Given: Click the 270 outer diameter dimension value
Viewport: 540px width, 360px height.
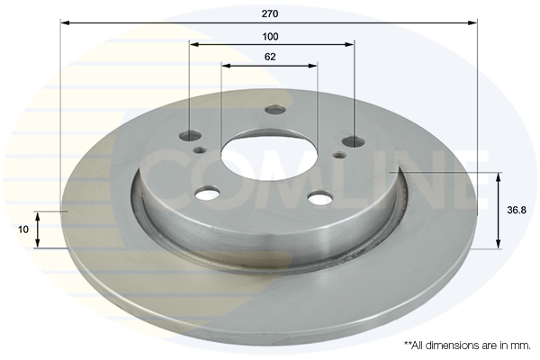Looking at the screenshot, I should click(x=270, y=13).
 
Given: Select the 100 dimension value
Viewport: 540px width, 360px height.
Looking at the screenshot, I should click(x=270, y=36).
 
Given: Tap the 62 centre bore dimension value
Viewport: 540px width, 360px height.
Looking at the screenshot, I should click(x=270, y=57).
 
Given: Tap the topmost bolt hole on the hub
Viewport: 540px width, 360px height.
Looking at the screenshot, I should click(x=275, y=111).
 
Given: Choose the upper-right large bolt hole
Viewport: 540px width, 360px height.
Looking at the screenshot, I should click(x=354, y=141).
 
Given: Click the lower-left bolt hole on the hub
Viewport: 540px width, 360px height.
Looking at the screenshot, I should click(x=208, y=193).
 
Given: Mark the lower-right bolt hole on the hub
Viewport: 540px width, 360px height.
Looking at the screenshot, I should click(x=319, y=197).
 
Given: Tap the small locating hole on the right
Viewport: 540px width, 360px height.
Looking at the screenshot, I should click(x=339, y=155).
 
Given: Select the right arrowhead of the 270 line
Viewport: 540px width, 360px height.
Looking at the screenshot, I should click(x=474, y=22).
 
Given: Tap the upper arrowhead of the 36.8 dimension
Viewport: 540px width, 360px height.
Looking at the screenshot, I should click(x=498, y=175).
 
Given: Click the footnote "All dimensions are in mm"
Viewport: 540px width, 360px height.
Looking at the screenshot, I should click(x=467, y=345).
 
